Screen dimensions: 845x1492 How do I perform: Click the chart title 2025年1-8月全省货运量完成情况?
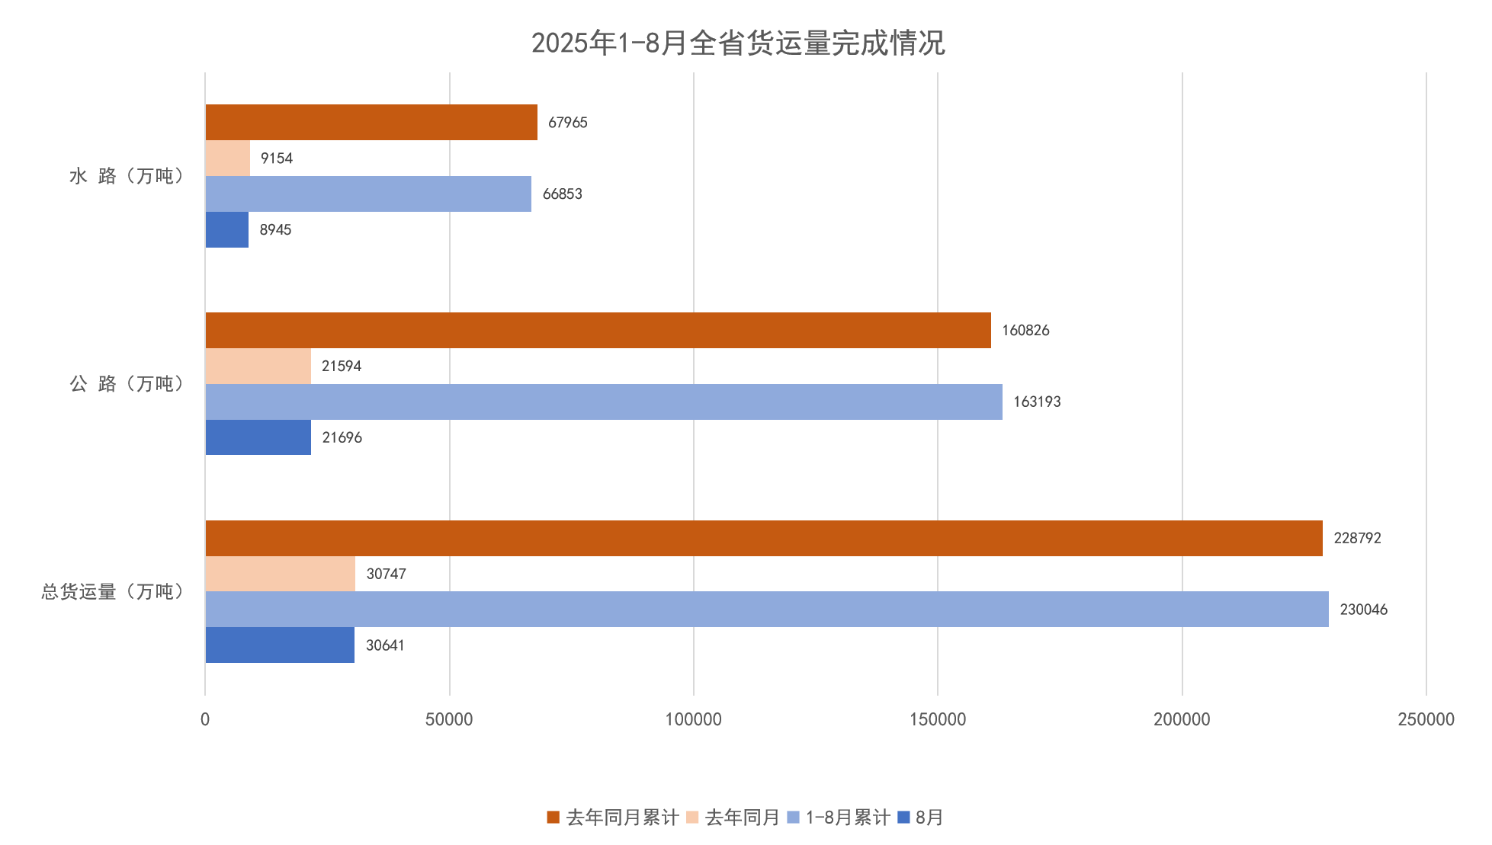pyautogui.click(x=737, y=43)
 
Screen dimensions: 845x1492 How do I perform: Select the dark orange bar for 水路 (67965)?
pyautogui.click(x=371, y=122)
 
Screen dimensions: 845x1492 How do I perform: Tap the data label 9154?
pyautogui.click(x=276, y=158)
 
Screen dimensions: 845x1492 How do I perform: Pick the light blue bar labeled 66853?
pyautogui.click(x=368, y=194)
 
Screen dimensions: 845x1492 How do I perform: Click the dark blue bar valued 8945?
pyautogui.click(x=227, y=229)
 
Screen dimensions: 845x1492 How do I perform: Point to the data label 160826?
pyautogui.click(x=1025, y=331)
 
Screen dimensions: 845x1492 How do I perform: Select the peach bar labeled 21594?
pyautogui.click(x=258, y=366)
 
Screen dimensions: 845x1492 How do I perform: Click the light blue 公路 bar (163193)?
pyautogui.click(x=603, y=402)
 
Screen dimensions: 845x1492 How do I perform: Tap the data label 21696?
pyautogui.click(x=342, y=437)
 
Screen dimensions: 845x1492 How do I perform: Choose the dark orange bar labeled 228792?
pyautogui.click(x=763, y=538)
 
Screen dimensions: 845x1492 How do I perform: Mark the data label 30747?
pyautogui.click(x=386, y=574)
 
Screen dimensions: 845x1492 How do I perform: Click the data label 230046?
pyautogui.click(x=1363, y=610)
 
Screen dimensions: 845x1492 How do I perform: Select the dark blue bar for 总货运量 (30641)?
pyautogui.click(x=280, y=645)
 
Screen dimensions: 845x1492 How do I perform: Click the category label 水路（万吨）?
pyautogui.click(x=127, y=176)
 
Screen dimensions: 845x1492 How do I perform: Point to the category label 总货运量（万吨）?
pyautogui.click(x=112, y=592)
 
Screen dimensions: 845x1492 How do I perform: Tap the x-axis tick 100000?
pyautogui.click(x=693, y=719)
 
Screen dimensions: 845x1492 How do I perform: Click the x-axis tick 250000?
pyautogui.click(x=1426, y=719)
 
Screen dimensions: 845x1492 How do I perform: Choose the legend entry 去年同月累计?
pyautogui.click(x=612, y=818)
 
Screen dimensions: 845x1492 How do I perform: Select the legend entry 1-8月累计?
pyautogui.click(x=839, y=818)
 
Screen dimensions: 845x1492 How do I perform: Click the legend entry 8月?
pyautogui.click(x=921, y=818)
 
